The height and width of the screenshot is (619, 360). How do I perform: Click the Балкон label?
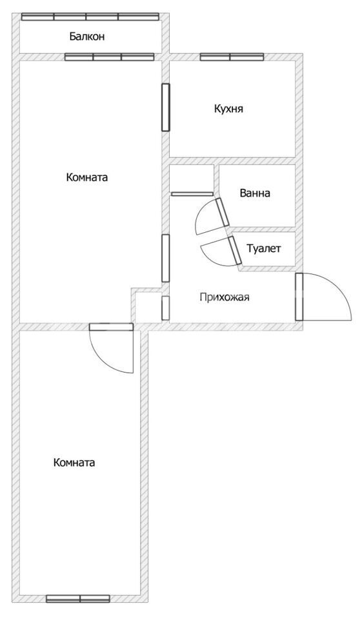(87, 37)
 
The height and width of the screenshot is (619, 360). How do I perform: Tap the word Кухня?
(228, 108)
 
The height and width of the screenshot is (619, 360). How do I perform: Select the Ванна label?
(255, 193)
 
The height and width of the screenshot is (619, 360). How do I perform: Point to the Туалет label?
(264, 248)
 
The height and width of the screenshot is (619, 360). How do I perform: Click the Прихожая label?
(225, 297)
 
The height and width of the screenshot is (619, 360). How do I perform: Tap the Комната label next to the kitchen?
(87, 177)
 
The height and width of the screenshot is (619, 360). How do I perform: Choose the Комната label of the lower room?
(74, 462)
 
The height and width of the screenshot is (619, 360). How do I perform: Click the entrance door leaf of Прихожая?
(299, 297)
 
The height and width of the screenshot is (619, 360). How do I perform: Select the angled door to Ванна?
(222, 212)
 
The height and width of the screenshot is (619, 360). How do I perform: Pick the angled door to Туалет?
(235, 250)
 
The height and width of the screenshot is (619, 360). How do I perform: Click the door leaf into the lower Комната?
(111, 326)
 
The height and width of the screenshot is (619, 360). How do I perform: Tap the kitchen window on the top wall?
(232, 57)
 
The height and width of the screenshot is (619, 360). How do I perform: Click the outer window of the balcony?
(90, 17)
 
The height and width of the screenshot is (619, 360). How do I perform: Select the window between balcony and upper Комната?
(109, 57)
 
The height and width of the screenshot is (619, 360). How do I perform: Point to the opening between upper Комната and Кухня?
(166, 107)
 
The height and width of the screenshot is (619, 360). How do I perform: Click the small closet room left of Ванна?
(192, 178)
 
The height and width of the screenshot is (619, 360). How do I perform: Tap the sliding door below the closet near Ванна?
(192, 194)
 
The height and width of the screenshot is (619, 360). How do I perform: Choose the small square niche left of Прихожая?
(146, 306)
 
